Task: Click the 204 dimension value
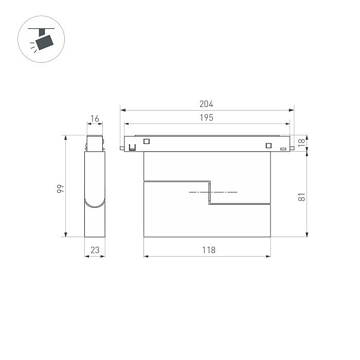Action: click(206, 104)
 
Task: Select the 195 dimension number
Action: click(206, 118)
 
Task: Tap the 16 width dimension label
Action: click(95, 119)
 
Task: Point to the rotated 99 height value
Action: click(60, 189)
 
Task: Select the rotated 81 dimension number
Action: click(302, 196)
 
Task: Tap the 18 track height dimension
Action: click(302, 142)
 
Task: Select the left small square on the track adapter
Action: click(146, 141)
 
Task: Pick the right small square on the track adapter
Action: click(268, 145)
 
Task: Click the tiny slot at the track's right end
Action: click(283, 149)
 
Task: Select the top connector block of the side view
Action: click(95, 143)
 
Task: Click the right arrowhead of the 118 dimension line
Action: click(268, 256)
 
